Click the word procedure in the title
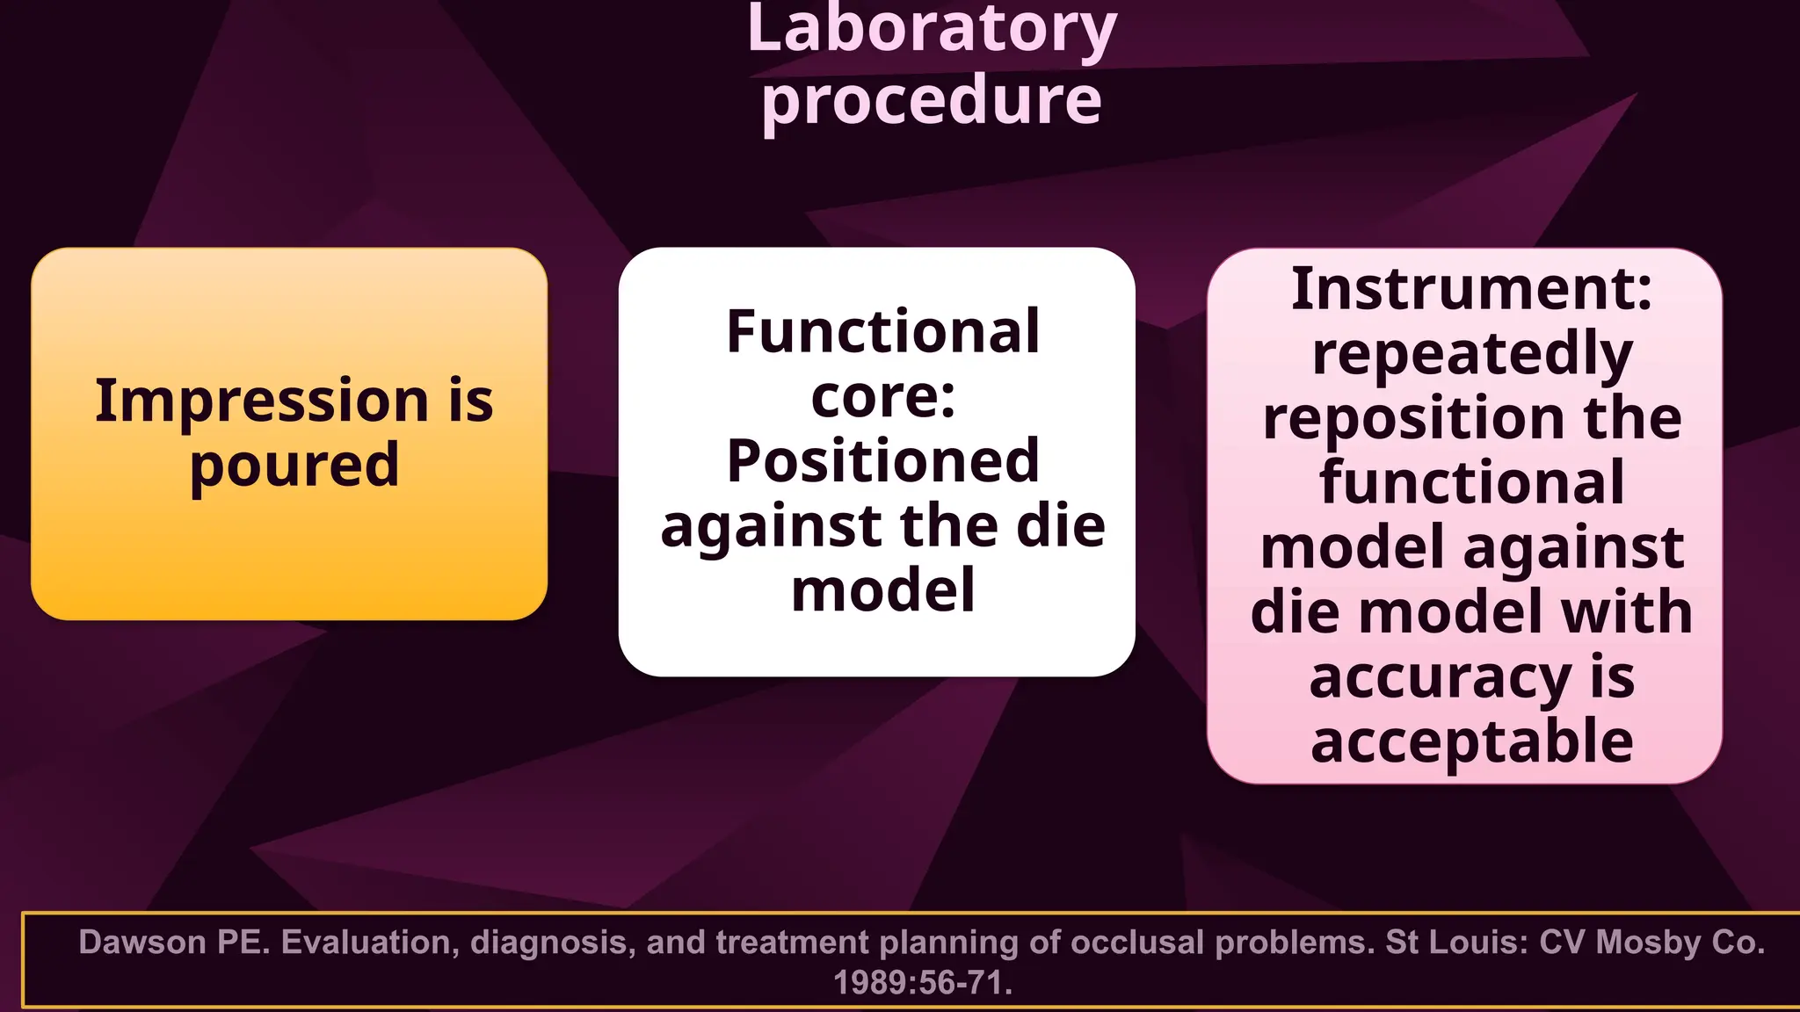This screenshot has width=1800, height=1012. coord(931,101)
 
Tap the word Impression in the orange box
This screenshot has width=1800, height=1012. coord(260,401)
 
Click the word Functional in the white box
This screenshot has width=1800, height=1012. coord(882,332)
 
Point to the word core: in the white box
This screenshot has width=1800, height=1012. coord(882,397)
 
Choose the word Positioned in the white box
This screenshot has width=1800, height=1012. coord(882,461)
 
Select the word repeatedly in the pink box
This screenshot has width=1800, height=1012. coord(1471,354)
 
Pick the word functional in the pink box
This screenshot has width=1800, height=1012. coord(1471,482)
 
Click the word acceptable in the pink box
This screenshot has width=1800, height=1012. coord(1471,741)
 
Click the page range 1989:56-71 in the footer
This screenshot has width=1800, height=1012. coord(922,983)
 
